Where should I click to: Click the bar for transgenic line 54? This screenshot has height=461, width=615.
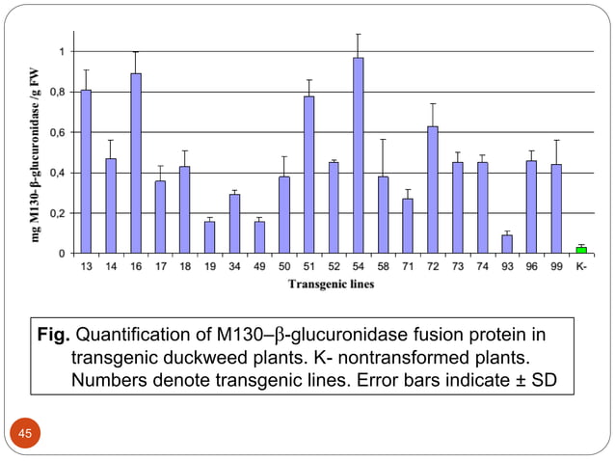358,155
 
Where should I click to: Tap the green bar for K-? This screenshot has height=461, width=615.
581,250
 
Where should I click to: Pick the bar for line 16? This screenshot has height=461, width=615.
136,163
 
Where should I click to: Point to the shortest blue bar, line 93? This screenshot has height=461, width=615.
507,244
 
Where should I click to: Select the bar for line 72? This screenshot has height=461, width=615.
433,190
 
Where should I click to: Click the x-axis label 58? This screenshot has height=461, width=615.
383,265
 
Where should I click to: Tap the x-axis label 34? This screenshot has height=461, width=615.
234,265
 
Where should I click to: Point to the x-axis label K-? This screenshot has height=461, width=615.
581,265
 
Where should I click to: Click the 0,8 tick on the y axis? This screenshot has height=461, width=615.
60,92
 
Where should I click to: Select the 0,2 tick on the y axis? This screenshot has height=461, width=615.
60,213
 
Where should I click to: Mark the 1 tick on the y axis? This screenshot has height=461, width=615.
64,51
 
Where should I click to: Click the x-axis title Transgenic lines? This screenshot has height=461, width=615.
333,284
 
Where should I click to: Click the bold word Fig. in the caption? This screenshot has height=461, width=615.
54,337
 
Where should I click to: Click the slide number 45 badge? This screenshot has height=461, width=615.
25,434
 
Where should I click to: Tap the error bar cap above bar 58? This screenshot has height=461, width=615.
383,140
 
